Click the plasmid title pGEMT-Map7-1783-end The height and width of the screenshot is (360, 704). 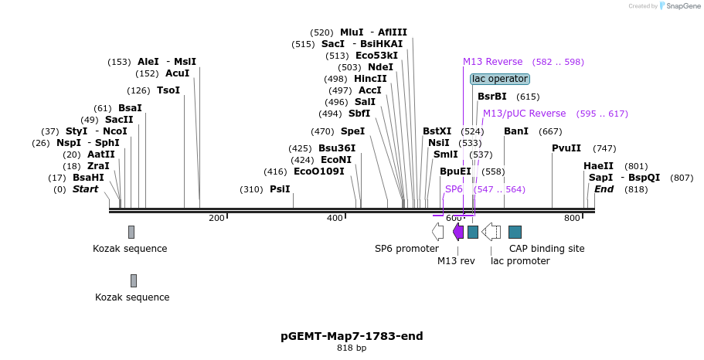point(352,336)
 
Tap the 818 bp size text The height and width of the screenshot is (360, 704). point(352,348)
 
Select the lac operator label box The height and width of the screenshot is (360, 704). point(500,79)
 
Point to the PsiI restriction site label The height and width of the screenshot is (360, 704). point(280,189)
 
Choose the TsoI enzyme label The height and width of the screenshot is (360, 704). point(168,90)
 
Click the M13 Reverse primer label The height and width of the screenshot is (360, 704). point(493,62)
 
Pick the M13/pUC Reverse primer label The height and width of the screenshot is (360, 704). point(525,114)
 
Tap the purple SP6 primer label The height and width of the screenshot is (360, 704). point(454,189)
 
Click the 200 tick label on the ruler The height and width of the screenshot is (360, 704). point(216,219)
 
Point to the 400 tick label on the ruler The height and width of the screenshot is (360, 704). point(335,219)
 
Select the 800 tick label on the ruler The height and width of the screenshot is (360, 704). point(572,219)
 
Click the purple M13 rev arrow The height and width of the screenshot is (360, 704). point(458,232)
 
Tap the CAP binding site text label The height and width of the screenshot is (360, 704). point(546,249)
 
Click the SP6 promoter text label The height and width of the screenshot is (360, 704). point(406,249)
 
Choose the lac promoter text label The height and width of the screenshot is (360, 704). point(520,261)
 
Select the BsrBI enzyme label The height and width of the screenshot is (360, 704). point(492,97)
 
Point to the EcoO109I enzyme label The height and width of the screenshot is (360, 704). point(319,172)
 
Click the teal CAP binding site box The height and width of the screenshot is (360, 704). point(515,232)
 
